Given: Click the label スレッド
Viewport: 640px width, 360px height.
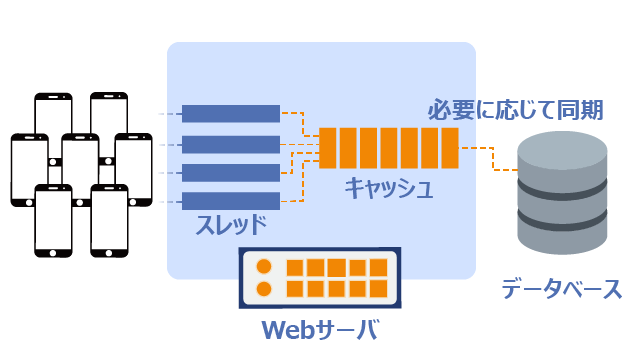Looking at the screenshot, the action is pos(231,225).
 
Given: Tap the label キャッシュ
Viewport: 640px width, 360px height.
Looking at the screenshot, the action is pos(389,188).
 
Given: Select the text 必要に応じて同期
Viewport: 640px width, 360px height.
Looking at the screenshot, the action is pos(515,109).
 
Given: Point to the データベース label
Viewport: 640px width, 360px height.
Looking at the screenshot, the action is pos(562,289).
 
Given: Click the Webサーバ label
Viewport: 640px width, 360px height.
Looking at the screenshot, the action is pos(320,329).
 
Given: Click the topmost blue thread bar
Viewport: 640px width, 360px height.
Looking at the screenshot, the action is pos(231,113).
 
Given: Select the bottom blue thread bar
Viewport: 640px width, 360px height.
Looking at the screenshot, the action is pos(231,201).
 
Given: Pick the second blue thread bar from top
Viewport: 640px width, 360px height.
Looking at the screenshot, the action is pos(231,144).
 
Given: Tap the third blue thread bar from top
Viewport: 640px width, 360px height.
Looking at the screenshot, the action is pos(231,173).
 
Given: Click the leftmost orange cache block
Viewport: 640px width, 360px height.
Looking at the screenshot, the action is pos(327,148).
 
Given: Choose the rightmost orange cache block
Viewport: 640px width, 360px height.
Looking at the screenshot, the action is pos(450,148).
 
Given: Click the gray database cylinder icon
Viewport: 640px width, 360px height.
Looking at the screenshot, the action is pos(562,193).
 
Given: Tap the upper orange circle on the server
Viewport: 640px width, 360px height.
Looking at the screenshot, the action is pos(264,267).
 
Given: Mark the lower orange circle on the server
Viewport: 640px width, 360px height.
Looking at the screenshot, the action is pos(264,289).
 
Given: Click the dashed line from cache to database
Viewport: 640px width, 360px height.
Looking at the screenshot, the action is pos(493,158).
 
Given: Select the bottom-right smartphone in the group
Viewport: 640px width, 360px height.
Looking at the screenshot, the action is pos(109,221).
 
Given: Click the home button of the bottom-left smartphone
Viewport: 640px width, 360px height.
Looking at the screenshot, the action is pos(53,253).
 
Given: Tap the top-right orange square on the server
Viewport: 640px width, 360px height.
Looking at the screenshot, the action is pos(378,268).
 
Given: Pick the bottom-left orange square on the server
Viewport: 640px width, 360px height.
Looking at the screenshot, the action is pos(295,289).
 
